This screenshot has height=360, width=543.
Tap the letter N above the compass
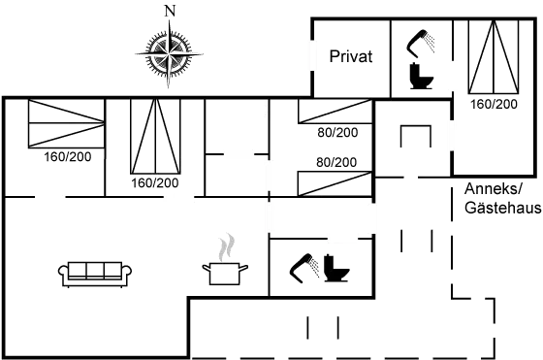(171, 10)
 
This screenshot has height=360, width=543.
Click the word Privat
(351, 55)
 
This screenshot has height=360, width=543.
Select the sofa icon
(94, 270)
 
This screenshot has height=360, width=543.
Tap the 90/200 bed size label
(336, 132)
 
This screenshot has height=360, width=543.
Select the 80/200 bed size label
(336, 161)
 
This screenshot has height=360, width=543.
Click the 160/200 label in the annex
(493, 102)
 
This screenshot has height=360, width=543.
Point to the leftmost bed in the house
(65, 124)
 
